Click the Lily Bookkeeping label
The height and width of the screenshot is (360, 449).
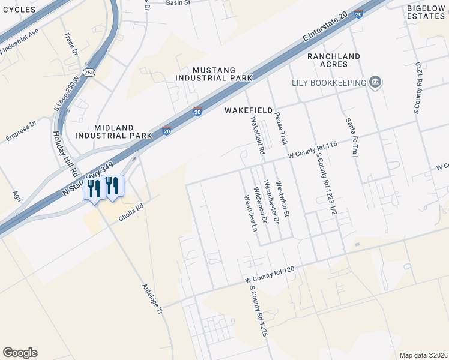pos(329,83)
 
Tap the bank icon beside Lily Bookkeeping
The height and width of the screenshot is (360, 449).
pos(376,82)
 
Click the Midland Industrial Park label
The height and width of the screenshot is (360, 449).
pos(114,131)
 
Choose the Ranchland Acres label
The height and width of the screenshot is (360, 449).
pos(334,61)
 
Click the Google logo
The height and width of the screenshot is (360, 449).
pos(20,353)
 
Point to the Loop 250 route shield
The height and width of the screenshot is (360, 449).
pos(89,73)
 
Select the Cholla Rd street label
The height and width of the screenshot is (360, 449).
pos(132,214)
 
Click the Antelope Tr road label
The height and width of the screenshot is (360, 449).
pos(152,299)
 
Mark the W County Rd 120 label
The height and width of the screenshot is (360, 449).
pos(270,275)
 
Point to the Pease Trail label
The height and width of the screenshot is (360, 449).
pos(280,128)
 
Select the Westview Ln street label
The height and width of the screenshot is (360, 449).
pos(249,213)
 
